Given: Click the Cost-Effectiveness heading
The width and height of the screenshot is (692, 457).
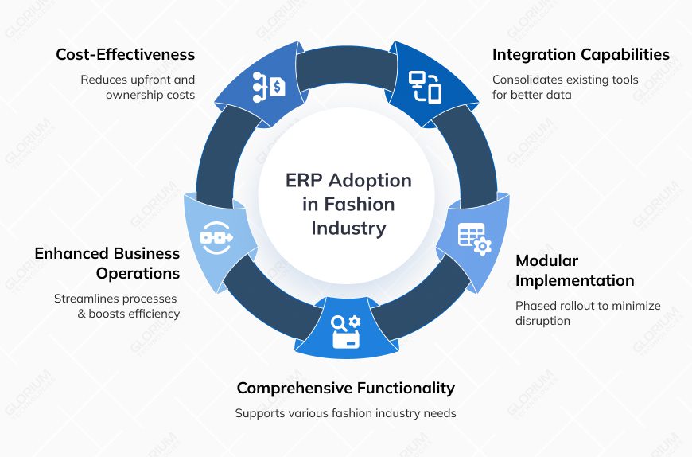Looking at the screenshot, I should (125, 55).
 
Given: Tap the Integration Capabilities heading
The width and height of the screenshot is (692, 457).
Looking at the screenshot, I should (581, 55).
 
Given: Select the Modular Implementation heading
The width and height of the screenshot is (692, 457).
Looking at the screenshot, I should (574, 271).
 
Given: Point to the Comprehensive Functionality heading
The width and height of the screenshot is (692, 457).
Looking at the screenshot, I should (345, 388).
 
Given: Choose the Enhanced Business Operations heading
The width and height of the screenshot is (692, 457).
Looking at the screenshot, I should (107, 264).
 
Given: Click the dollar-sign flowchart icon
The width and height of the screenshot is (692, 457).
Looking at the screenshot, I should (268, 84).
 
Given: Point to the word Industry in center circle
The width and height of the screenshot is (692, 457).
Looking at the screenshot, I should (348, 228).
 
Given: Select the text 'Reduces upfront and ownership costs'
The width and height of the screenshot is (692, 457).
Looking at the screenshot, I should (138, 87).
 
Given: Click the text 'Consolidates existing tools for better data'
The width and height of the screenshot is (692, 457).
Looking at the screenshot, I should (565, 87).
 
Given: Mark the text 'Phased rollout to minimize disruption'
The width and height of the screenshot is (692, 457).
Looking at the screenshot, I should (587, 313).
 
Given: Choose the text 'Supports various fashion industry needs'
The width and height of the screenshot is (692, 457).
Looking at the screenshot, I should (345, 413).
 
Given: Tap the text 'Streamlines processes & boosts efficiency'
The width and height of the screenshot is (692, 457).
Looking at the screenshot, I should (117, 306).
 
